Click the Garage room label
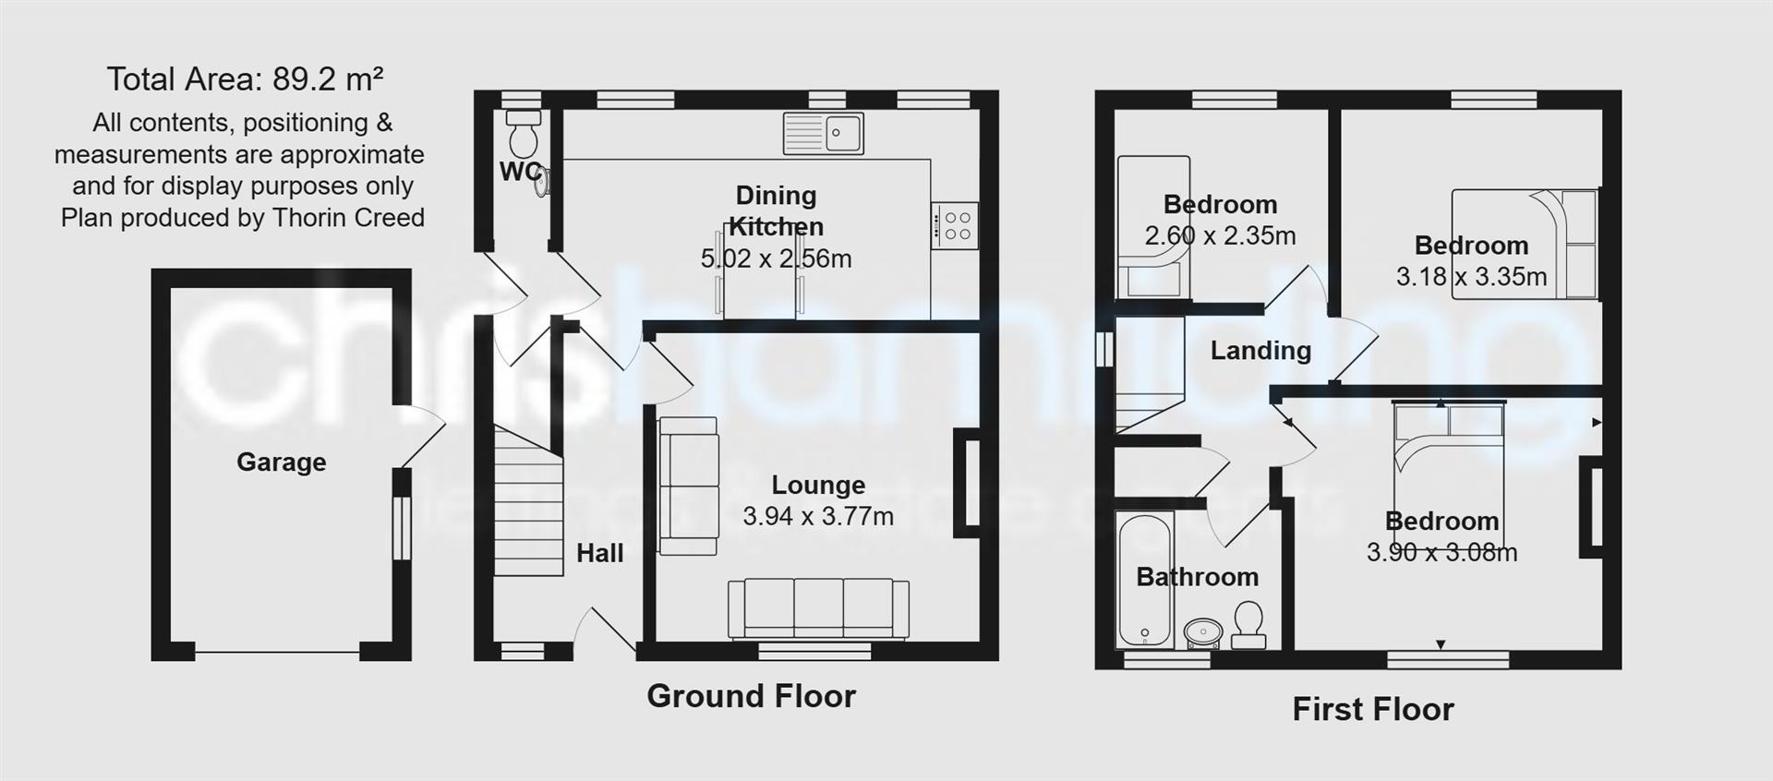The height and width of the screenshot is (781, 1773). [x=281, y=462]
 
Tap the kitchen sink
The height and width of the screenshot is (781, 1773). [x=823, y=133]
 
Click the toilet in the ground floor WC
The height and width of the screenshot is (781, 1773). [x=524, y=135]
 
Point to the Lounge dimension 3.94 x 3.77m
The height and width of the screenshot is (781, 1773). [x=818, y=516]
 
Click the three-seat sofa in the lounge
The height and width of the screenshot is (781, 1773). [x=818, y=608]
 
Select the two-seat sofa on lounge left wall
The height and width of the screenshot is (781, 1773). [x=688, y=486]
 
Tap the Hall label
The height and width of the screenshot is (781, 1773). [x=599, y=553]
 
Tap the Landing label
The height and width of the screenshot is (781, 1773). [x=1260, y=351]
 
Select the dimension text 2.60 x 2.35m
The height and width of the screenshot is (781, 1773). [x=1220, y=236]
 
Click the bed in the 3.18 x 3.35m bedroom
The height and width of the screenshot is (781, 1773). [x=1524, y=245]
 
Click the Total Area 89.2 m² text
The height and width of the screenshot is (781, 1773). [x=245, y=79]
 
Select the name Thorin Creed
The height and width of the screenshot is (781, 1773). [x=352, y=218]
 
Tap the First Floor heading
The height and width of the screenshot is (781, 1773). [x=1372, y=709]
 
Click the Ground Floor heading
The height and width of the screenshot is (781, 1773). [x=751, y=696]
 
